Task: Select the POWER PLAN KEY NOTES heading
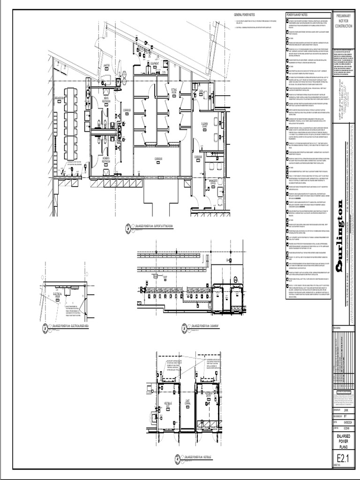coord(297,15)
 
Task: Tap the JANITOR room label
coord(106,65)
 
